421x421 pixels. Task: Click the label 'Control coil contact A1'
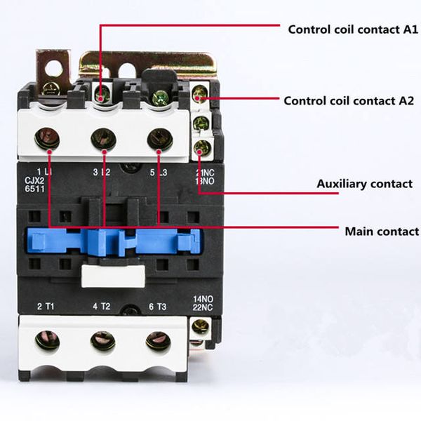353,29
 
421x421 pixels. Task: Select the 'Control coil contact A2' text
349,100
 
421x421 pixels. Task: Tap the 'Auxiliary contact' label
364,184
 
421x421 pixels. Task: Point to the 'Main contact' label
382,231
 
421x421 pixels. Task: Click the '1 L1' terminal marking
44,172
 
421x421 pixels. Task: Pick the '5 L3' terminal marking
159,173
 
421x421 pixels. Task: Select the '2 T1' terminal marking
46,306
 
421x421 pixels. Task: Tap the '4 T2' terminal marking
102,306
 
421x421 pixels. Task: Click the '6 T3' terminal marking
158,307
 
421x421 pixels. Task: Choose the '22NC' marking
203,307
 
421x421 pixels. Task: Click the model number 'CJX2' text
34,180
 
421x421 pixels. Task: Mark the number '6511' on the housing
34,189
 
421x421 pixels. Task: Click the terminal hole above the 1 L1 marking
47,138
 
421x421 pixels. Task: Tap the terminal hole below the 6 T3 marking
159,341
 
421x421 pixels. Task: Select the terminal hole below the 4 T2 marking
103,341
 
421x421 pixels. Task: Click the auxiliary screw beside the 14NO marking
200,327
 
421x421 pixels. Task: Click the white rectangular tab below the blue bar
113,276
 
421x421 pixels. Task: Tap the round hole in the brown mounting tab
53,68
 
